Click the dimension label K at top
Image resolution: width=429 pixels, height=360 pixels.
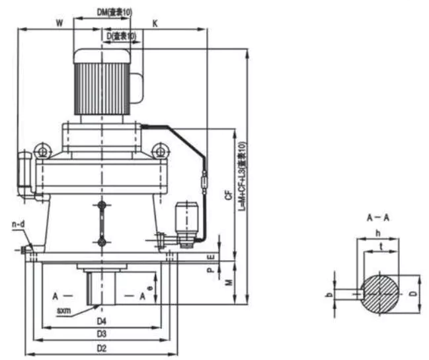(155, 22)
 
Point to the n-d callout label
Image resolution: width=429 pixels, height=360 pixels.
(19, 226)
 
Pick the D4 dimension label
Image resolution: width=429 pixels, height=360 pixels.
(101, 321)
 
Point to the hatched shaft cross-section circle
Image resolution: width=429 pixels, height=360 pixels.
(378, 292)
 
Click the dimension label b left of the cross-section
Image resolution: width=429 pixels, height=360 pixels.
(329, 292)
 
